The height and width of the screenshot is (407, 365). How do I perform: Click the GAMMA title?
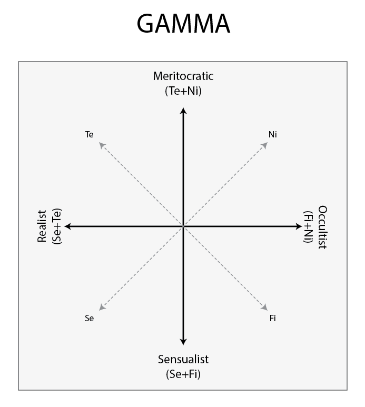pos(183,23)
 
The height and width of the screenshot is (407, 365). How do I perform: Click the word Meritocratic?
pos(183,76)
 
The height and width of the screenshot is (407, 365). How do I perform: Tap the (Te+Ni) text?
pos(183,91)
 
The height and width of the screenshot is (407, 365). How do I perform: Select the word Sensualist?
pos(183,359)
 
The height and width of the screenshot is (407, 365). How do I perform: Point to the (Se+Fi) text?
pos(183,374)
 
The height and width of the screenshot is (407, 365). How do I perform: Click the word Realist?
pos(42,226)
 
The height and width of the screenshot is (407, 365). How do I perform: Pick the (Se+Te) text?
pos(57,226)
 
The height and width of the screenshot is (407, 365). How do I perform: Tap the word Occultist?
pos(322,227)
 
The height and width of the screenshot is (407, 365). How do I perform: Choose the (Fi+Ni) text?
pos(308,227)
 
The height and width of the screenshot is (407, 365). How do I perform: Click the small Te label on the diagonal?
pos(89,134)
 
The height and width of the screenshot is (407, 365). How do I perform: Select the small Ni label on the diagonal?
pos(273,134)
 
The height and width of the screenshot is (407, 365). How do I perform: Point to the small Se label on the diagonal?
pos(89,318)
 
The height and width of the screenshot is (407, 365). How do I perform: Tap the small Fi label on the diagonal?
pos(273,318)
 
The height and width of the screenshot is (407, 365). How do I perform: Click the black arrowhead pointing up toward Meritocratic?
pos(183,111)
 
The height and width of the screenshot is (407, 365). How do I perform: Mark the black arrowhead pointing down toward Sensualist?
pos(183,342)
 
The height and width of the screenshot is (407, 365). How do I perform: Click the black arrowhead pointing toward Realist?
pos(67,226)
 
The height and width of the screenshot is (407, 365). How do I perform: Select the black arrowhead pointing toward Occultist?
pos(299,226)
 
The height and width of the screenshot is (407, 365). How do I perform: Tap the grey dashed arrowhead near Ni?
pos(265,145)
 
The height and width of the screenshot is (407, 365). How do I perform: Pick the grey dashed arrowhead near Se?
pos(102,307)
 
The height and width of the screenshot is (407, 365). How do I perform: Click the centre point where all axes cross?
pos(183,226)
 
